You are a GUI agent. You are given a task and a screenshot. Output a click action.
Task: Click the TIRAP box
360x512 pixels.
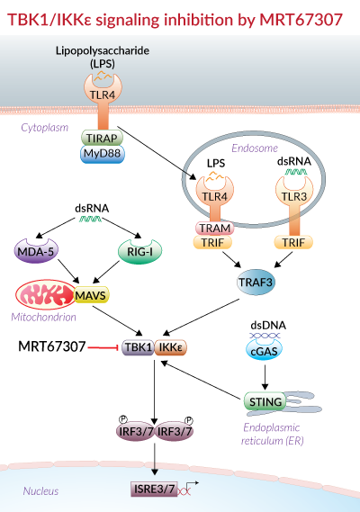click(102, 138)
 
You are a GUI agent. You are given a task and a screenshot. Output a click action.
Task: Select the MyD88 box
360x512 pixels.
click(102, 154)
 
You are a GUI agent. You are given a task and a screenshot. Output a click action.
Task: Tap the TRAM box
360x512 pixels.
click(214, 228)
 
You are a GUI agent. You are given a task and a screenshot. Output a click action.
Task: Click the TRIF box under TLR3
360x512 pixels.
click(293, 242)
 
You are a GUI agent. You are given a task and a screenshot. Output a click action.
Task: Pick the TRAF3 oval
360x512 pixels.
click(256, 283)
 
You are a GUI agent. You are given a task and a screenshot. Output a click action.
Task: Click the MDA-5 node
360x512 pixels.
click(36, 251)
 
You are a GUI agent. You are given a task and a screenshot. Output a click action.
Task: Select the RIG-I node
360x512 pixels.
click(139, 251)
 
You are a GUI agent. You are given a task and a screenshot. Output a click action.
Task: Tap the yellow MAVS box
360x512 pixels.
click(91, 295)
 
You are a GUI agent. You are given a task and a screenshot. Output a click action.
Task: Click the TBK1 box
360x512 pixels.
click(139, 347)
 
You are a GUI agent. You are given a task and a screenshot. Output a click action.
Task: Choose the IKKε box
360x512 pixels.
click(170, 347)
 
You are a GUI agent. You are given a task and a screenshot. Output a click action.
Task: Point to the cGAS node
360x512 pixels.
click(264, 349)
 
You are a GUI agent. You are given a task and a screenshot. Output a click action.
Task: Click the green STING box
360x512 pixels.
click(265, 401)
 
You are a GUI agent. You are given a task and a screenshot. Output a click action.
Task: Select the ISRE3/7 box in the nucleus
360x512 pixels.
click(154, 490)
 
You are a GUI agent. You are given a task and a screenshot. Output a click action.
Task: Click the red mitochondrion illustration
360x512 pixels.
click(46, 294)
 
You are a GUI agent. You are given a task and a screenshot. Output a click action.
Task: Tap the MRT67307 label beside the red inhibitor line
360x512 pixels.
click(52, 346)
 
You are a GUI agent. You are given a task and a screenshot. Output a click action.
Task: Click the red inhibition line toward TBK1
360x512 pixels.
click(103, 347)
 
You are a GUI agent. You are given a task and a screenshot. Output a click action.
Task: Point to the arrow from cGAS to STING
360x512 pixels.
click(265, 377)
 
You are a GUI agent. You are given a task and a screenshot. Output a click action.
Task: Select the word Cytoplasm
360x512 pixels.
click(45, 128)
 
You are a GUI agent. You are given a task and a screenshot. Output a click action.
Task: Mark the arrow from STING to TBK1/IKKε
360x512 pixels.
click(201, 381)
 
